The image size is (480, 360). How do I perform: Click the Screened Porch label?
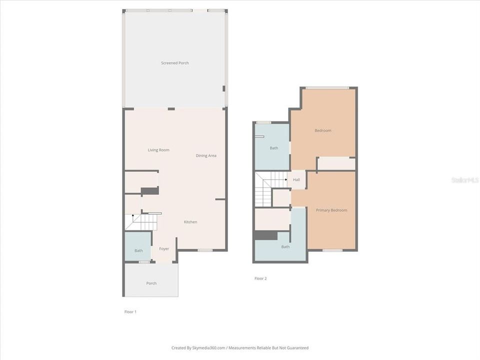tap(175, 63)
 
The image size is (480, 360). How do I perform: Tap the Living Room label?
tap(158, 150)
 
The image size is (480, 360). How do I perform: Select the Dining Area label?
tap(206, 156)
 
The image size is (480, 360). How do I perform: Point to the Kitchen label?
tap(190, 222)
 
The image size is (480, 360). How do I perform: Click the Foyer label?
tap(164, 249)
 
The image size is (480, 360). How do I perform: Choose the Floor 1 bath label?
tap(138, 251)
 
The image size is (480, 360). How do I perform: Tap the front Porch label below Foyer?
tap(151, 283)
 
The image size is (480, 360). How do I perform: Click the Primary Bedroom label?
tap(331, 210)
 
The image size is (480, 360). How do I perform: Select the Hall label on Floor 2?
tap(296, 180)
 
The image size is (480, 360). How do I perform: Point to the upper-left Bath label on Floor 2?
tap(274, 148)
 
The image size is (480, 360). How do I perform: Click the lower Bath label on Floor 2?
tap(285, 247)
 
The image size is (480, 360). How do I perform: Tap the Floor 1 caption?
tap(130, 312)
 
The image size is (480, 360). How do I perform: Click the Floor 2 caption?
tap(260, 278)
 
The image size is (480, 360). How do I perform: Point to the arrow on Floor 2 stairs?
tap(285, 179)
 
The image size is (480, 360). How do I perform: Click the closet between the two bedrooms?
tap(336, 163)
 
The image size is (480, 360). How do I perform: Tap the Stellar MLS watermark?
tap(464, 180)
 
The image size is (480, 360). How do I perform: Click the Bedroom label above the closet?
tap(323, 131)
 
